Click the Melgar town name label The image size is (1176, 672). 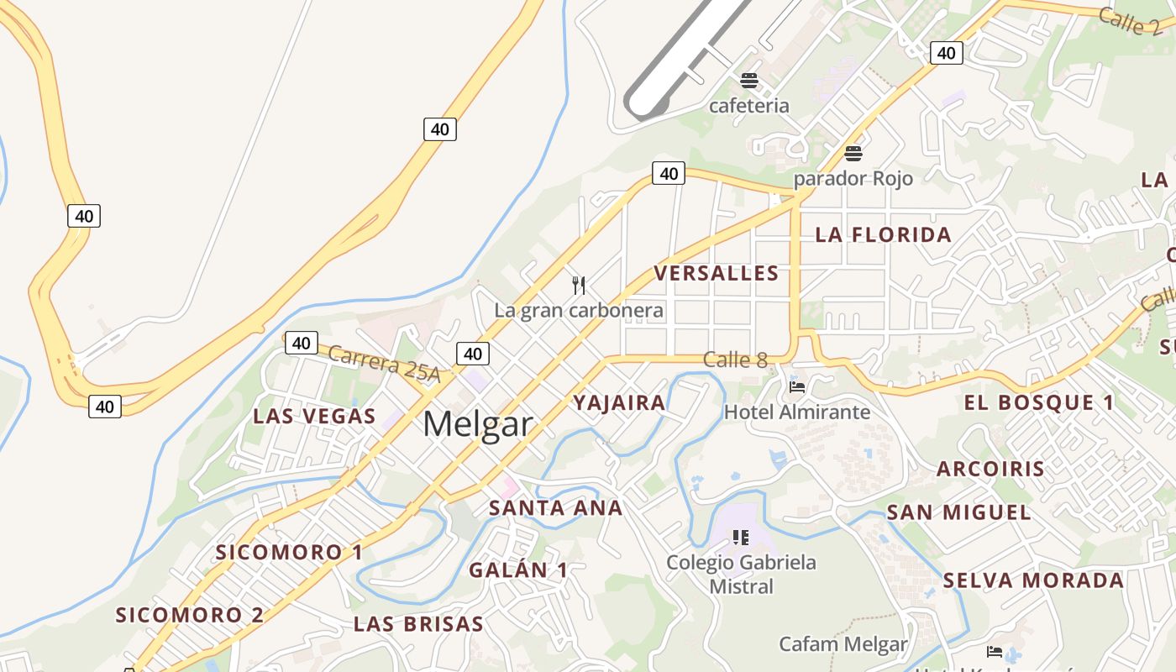pyautogui.click(x=477, y=424)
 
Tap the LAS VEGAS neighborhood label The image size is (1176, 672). pyautogui.click(x=314, y=416)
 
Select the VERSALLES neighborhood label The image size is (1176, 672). pyautogui.click(x=717, y=273)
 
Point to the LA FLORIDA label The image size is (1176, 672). pyautogui.click(x=884, y=234)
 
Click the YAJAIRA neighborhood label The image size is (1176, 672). pyautogui.click(x=619, y=402)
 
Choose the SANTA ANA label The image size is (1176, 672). pyautogui.click(x=555, y=507)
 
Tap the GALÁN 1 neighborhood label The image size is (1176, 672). pyautogui.click(x=518, y=570)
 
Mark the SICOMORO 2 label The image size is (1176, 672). pyautogui.click(x=190, y=615)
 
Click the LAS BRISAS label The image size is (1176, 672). pyautogui.click(x=418, y=624)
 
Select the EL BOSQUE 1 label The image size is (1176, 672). pyautogui.click(x=1039, y=402)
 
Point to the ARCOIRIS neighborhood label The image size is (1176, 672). pyautogui.click(x=990, y=469)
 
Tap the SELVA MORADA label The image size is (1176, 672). pyautogui.click(x=1033, y=580)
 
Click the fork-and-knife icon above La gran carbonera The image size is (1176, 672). pyautogui.click(x=579, y=286)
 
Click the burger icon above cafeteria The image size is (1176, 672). pyautogui.click(x=749, y=81)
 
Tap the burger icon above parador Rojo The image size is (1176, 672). pyautogui.click(x=853, y=154)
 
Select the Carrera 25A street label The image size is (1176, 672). pyautogui.click(x=384, y=364)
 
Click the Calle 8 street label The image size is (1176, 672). pyautogui.click(x=735, y=360)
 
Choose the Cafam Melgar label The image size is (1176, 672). pyautogui.click(x=843, y=644)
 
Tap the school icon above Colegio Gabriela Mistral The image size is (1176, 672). pyautogui.click(x=740, y=537)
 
